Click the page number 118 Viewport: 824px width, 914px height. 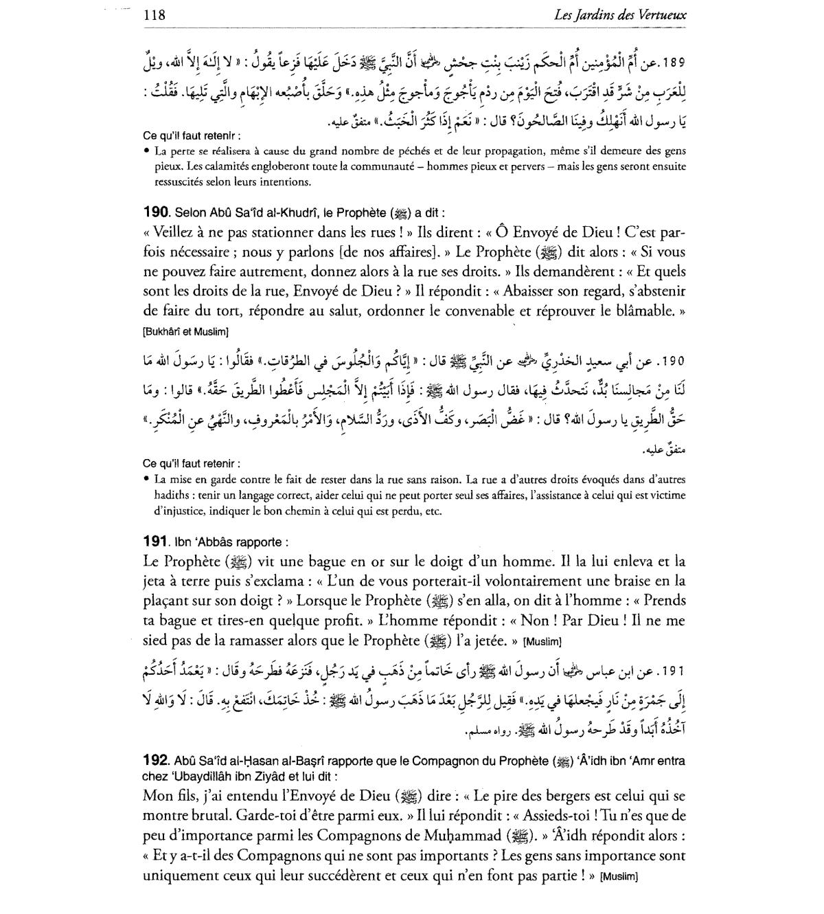tap(154, 14)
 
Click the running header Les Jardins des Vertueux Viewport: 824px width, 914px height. tap(621, 14)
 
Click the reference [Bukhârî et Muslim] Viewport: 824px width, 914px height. tap(185, 332)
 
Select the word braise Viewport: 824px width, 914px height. tap(630, 581)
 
